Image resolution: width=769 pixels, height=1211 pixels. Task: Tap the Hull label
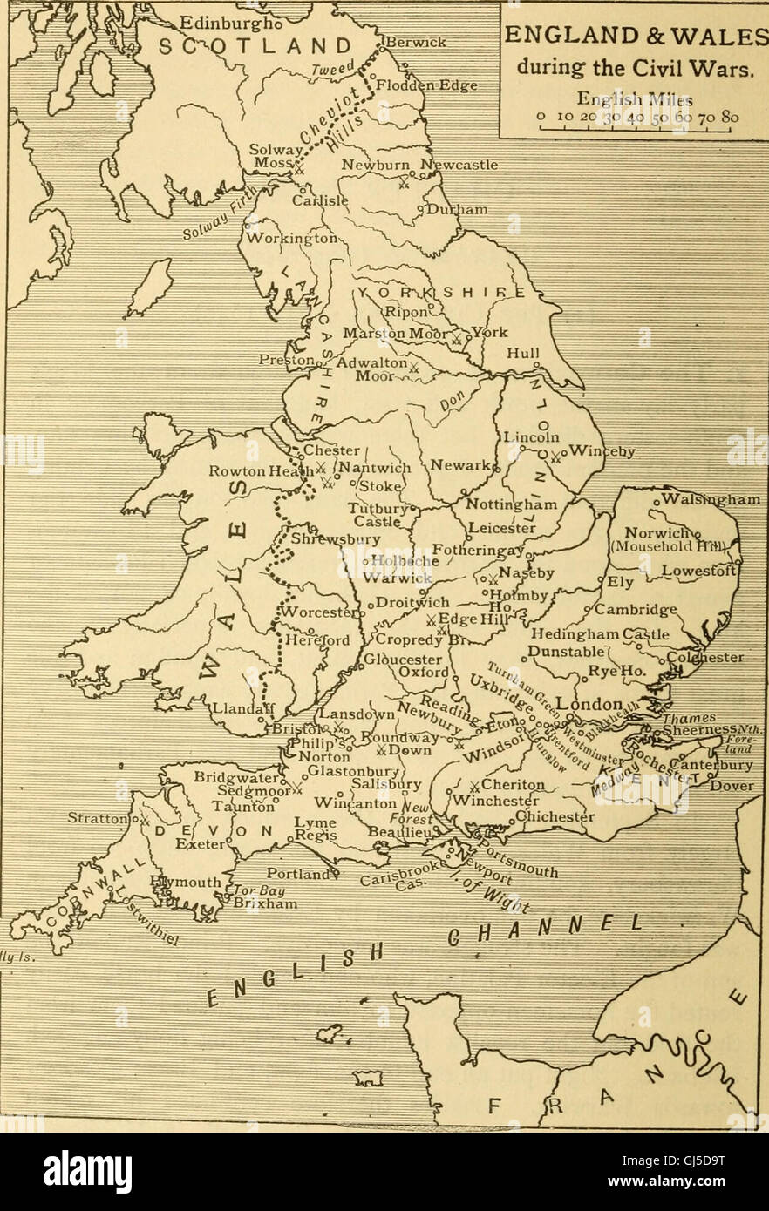pyautogui.click(x=523, y=354)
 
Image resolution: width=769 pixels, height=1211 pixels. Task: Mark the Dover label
pyautogui.click(x=731, y=785)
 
